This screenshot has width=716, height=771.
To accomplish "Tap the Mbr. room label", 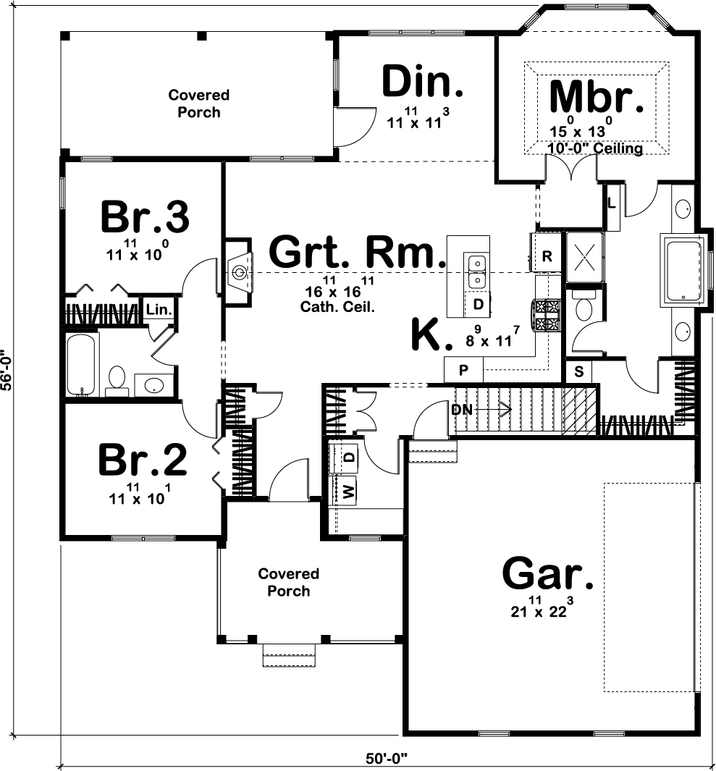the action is [596, 97].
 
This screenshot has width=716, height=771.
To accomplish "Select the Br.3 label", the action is [145, 217].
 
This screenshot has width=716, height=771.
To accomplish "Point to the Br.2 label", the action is [143, 460].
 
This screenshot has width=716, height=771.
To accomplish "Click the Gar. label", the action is [548, 573].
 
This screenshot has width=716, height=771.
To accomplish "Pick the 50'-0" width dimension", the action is [387, 758].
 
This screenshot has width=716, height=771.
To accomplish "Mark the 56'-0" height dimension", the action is [6, 370].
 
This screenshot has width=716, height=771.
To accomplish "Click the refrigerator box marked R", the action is [547, 256].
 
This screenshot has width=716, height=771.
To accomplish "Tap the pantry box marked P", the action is [463, 370].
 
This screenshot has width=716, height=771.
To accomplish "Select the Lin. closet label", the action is [159, 311].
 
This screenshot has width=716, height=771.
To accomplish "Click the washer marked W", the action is [348, 491].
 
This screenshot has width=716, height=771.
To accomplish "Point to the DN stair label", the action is [460, 409].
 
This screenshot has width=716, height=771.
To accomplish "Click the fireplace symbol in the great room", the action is [239, 271].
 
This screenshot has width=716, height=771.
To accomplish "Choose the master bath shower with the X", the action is [584, 257].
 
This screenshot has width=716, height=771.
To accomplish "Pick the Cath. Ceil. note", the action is [337, 308].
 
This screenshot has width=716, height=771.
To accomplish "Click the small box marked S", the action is [578, 371].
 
